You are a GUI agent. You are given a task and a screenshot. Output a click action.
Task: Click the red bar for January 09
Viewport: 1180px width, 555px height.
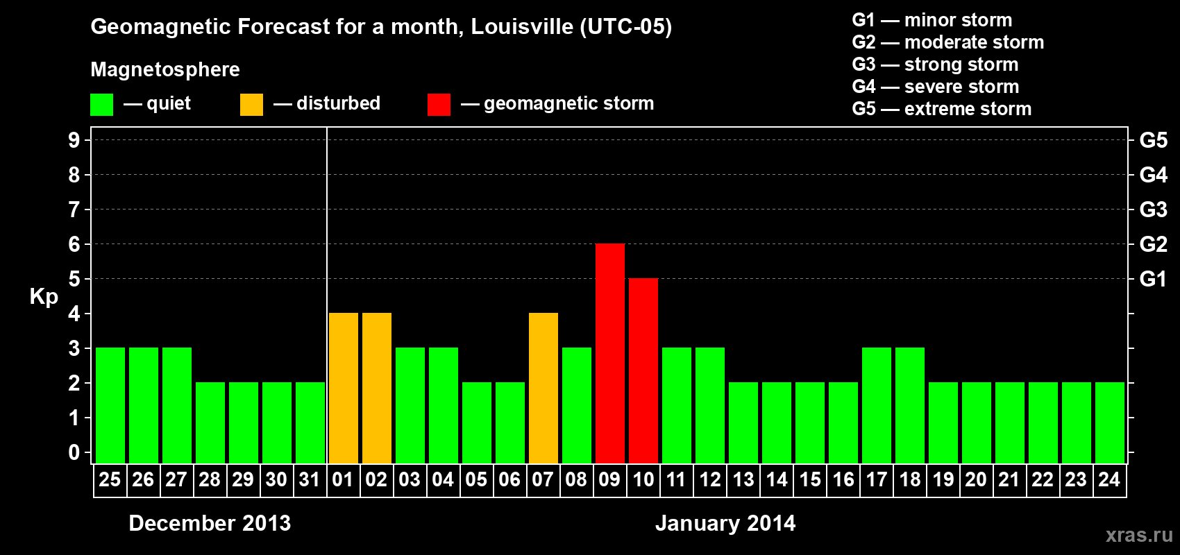click(610, 353)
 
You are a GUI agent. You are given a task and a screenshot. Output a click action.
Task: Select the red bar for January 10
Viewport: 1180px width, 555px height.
click(643, 370)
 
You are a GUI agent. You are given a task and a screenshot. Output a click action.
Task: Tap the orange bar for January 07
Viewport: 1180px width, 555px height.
click(543, 388)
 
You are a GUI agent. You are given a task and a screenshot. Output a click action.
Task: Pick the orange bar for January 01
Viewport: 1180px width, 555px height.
click(344, 388)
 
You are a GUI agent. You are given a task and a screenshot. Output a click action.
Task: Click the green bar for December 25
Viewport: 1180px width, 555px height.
click(110, 405)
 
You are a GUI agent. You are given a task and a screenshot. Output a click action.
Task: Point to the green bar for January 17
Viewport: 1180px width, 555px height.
click(877, 405)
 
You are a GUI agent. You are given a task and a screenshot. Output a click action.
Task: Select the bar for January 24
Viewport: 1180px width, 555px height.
click(1110, 422)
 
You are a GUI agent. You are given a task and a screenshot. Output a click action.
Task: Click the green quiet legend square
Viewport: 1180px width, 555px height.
click(102, 105)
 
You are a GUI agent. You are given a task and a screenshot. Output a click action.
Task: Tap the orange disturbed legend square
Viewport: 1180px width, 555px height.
click(251, 105)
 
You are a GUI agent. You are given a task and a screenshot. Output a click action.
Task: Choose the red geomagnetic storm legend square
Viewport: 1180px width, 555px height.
click(439, 105)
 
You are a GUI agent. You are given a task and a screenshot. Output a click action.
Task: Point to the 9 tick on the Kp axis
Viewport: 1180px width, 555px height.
click(74, 140)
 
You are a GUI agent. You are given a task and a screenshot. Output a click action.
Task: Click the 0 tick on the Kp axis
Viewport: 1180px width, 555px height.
click(74, 452)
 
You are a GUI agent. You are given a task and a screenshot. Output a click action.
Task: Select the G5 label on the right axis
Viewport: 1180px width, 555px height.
click(1153, 140)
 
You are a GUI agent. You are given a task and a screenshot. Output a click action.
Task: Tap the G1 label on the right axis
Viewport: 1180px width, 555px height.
click(1153, 279)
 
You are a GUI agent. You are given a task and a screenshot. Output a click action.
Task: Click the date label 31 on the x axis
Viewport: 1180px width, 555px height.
click(310, 479)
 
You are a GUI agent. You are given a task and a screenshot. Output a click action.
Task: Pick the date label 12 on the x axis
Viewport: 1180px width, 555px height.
click(710, 479)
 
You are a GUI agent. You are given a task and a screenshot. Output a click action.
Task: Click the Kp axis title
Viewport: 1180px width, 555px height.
click(44, 296)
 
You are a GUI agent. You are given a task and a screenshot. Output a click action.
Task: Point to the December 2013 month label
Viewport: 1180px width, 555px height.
click(210, 523)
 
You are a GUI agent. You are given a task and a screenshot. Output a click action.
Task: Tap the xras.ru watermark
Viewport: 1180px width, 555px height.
click(1139, 534)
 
